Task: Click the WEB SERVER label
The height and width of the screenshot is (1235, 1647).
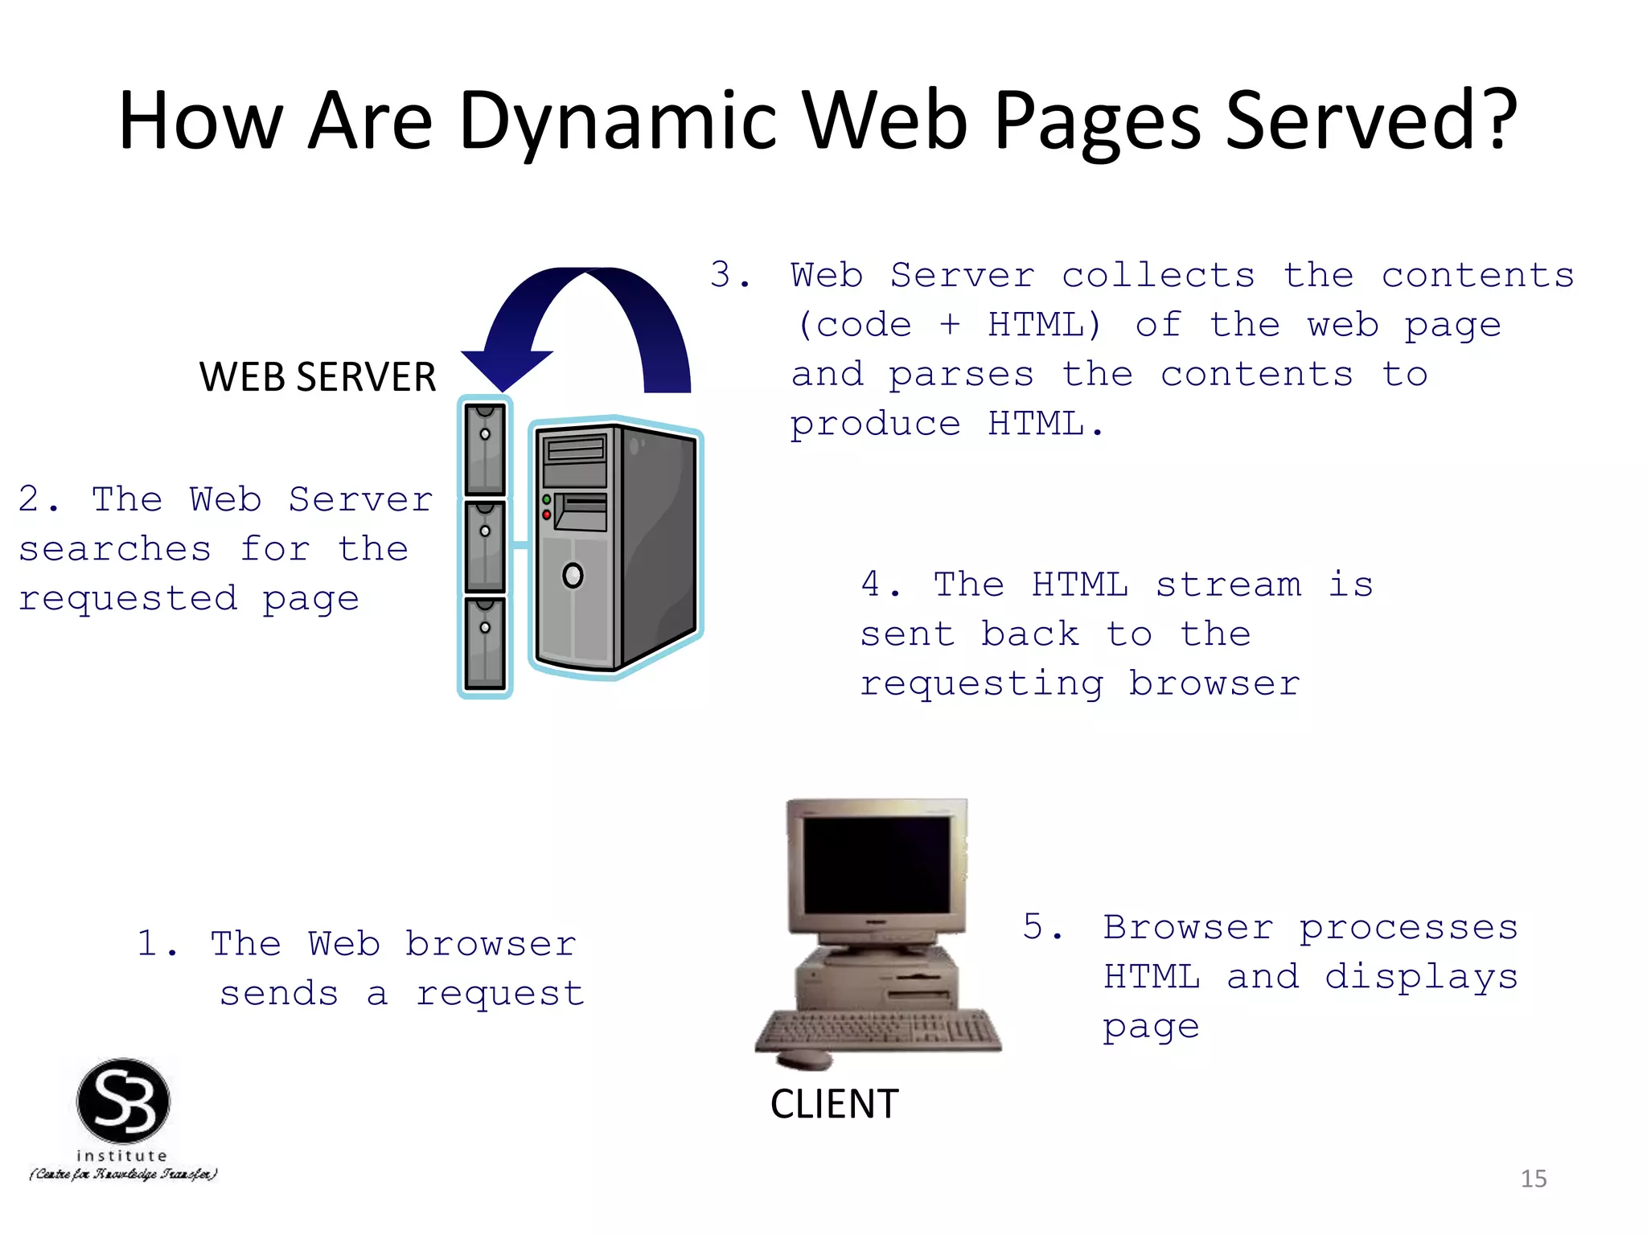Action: point(318,376)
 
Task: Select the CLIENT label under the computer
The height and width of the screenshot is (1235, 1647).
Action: point(834,1104)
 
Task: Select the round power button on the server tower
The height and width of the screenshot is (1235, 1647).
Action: point(573,576)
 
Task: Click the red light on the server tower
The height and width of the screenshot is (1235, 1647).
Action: point(547,515)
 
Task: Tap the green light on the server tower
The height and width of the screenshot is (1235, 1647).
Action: point(547,500)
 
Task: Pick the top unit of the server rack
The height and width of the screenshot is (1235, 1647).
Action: point(485,448)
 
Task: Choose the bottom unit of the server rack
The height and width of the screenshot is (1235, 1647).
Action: point(485,643)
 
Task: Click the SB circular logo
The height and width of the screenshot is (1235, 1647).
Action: point(123,1101)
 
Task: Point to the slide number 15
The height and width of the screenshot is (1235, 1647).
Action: point(1534,1179)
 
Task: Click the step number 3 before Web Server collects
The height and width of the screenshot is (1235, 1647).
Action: point(721,275)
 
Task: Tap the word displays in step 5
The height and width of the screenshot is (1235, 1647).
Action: point(1421,978)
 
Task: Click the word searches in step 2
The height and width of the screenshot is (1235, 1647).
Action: point(115,549)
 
